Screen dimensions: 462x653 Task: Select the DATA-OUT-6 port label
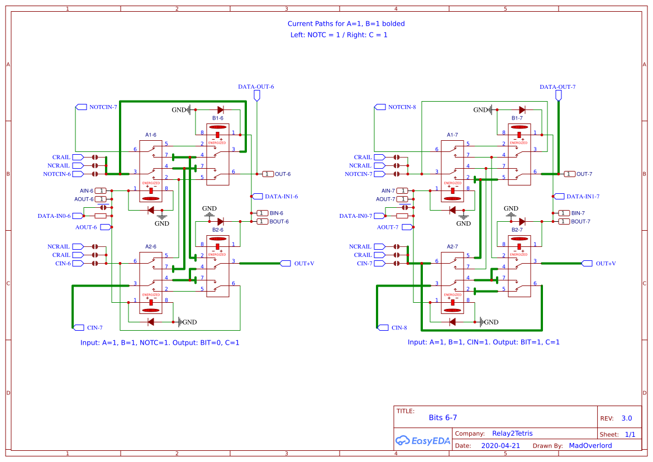tap(256, 87)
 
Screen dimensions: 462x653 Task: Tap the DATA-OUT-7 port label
tap(557, 87)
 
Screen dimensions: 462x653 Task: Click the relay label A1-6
tap(151, 135)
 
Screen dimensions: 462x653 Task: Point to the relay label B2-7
tap(517, 230)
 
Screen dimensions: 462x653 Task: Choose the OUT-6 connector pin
tap(268, 174)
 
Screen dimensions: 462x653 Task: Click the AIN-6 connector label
tap(87, 190)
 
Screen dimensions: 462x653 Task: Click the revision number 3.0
tap(626, 418)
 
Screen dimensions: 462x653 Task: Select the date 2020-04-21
tap(501, 446)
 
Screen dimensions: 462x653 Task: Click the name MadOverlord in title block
tap(590, 446)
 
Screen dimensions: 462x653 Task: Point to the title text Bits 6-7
tap(443, 418)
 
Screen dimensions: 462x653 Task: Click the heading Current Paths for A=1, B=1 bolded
tap(346, 23)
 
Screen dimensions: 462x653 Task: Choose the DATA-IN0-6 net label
tap(54, 216)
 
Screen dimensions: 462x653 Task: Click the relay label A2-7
tap(452, 246)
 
